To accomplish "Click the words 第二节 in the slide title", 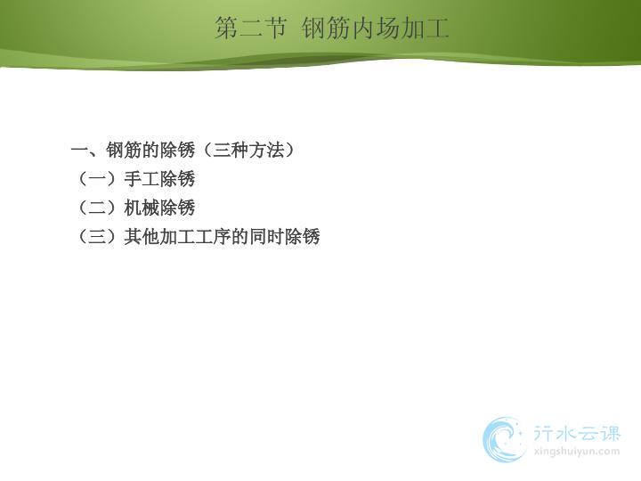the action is coord(250,28).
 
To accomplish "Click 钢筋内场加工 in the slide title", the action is coord(376,28).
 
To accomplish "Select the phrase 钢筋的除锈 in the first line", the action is coord(150,151).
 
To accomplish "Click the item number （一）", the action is coord(97,179).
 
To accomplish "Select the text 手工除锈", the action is coord(159,179).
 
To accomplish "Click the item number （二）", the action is coord(97,208).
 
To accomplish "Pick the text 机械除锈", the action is coord(159,208).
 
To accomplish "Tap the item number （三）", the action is coord(97,236).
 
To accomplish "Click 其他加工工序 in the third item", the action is coord(177,236).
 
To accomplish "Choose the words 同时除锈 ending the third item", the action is coord(285,236).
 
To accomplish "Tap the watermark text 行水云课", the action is coord(576,434).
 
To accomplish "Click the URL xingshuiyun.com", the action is coord(576,452).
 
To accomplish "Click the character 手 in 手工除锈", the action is coord(133,179).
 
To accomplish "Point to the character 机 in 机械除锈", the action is coord(133,208).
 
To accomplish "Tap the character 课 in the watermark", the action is coord(611,434).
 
